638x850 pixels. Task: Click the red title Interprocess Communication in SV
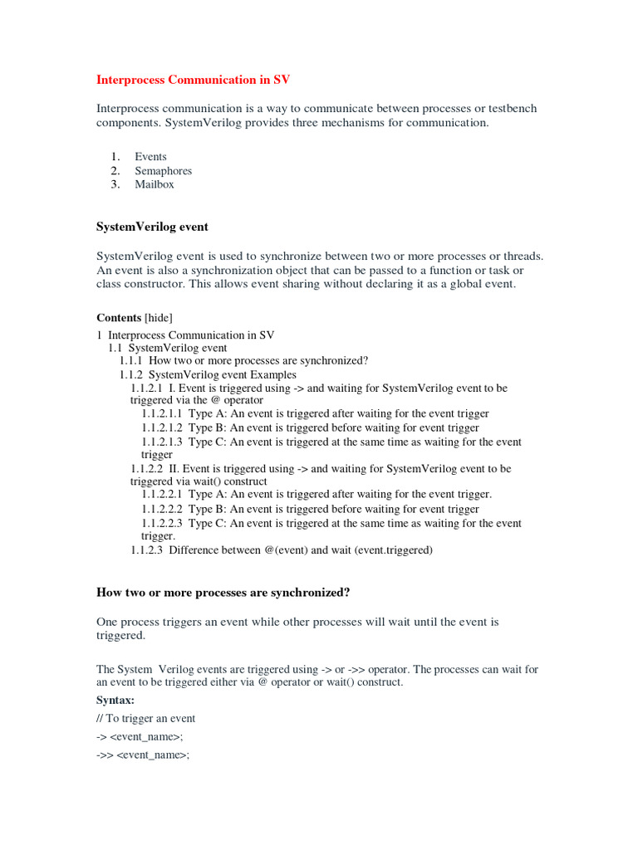pyautogui.click(x=194, y=80)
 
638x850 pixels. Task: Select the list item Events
pyautogui.click(x=150, y=156)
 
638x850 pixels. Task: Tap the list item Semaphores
pyautogui.click(x=163, y=170)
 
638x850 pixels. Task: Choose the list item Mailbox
pyautogui.click(x=155, y=184)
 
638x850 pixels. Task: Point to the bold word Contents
pyautogui.click(x=119, y=317)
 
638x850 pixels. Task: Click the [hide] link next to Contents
pyautogui.click(x=159, y=317)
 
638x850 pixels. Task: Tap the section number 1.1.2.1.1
pyautogui.click(x=162, y=413)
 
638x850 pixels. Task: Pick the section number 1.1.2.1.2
pyautogui.click(x=162, y=427)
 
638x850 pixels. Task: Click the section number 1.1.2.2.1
pyautogui.click(x=162, y=495)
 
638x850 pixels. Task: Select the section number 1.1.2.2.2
pyautogui.click(x=162, y=509)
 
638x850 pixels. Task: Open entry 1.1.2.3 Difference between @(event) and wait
pyautogui.click(x=282, y=550)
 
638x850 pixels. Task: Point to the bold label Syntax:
pyautogui.click(x=115, y=701)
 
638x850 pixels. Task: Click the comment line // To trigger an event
pyautogui.click(x=146, y=718)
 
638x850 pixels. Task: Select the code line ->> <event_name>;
pyautogui.click(x=143, y=755)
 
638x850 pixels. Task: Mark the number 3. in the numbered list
pyautogui.click(x=115, y=184)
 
